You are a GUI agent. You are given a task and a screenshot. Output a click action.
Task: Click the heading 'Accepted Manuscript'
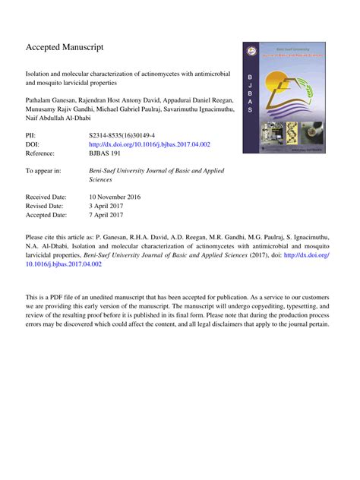point(64,47)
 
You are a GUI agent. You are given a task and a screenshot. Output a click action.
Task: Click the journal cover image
point(284,97)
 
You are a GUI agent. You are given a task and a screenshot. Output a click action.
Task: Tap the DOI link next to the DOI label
point(149,144)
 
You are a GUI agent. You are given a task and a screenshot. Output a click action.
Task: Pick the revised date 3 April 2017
point(110,207)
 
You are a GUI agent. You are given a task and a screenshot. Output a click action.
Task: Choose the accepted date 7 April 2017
point(110,216)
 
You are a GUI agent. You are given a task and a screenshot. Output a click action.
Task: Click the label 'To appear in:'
point(44,171)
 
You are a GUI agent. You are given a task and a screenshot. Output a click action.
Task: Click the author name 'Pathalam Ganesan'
point(52,99)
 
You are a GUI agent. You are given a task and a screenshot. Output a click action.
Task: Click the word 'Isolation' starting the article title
point(39,74)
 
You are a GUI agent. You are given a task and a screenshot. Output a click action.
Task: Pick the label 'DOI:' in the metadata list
point(33,144)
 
